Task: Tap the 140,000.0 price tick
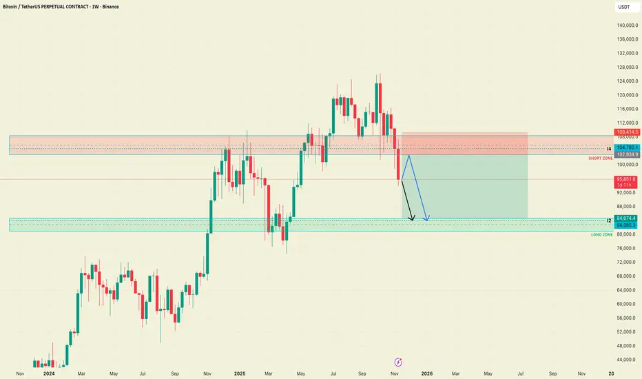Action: [x=623, y=25]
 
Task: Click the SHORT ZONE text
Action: [x=600, y=158]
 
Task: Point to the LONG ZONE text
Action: [x=601, y=235]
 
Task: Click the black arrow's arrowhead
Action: [x=413, y=220]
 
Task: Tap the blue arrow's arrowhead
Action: [x=428, y=220]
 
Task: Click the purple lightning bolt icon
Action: [x=398, y=361]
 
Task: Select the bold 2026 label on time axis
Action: [x=427, y=373]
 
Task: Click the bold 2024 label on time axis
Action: [x=48, y=373]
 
